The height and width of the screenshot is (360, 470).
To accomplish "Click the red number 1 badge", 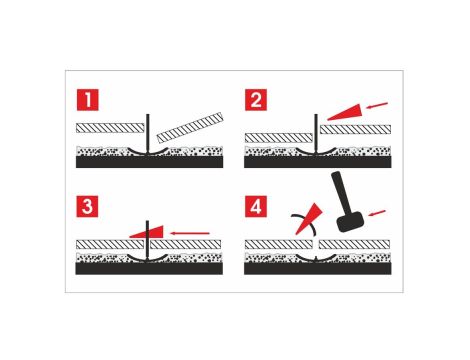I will click(x=89, y=101).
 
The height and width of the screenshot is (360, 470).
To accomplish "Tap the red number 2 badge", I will click(x=256, y=101).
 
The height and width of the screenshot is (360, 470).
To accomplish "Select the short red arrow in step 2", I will click(x=379, y=103).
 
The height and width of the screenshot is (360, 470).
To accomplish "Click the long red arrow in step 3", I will click(x=191, y=232).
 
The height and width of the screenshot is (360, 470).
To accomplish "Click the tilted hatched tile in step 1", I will click(x=191, y=131).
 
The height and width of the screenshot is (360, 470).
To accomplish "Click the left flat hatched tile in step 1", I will click(x=111, y=128).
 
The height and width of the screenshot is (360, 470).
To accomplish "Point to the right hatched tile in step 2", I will click(x=356, y=130).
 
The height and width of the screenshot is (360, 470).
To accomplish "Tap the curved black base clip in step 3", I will click(x=149, y=258).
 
